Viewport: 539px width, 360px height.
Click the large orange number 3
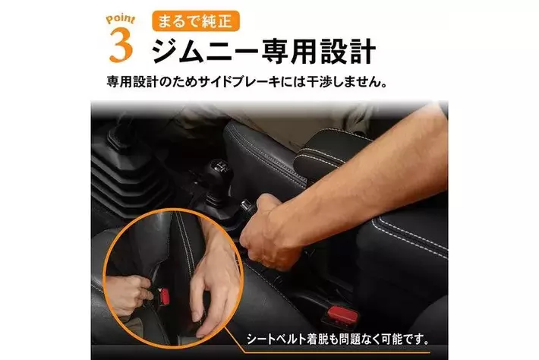121,46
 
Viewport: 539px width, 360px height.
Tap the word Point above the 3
120,19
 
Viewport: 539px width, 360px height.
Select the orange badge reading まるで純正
196,21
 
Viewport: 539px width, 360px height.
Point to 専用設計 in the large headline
318,51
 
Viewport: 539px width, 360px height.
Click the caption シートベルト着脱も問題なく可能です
339,340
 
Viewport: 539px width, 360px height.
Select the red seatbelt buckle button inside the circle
164,296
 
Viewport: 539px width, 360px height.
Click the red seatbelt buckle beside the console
342,314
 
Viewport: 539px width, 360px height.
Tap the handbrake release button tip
246,206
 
